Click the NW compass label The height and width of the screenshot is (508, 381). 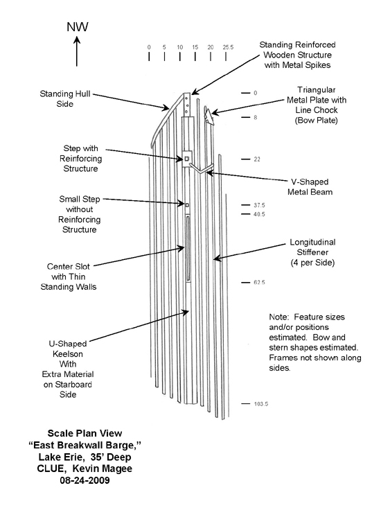coord(78,26)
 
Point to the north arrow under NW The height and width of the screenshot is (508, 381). coord(77,51)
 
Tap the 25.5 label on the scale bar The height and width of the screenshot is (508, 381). coord(228,47)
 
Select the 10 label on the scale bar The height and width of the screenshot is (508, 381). coord(180,47)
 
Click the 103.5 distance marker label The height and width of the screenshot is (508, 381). coord(261,404)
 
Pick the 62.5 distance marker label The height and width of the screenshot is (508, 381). coord(259,283)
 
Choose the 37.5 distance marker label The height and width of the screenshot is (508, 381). coord(259,205)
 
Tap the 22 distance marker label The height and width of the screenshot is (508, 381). coord(257,159)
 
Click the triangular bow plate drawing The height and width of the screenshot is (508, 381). coord(209,116)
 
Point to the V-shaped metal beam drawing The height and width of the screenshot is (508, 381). coord(202,170)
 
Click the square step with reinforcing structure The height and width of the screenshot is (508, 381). coord(187,159)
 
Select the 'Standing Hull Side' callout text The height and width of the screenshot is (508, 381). coord(64,99)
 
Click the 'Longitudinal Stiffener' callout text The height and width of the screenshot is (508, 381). coord(312,247)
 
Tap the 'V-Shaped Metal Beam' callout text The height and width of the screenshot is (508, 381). coord(310,187)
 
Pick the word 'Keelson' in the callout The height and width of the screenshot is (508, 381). coord(68,353)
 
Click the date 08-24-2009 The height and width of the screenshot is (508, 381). coord(85,480)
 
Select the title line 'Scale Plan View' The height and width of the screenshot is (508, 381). coord(85,433)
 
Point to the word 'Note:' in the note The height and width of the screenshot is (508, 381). coord(278,317)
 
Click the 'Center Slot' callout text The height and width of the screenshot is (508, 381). coord(69,267)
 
